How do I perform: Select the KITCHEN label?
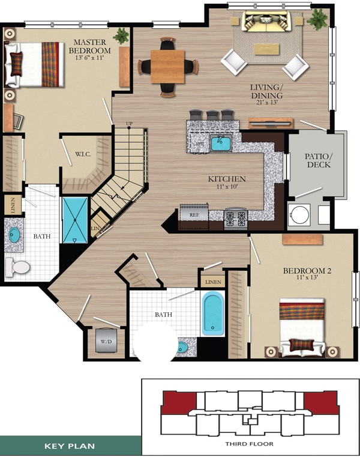pos(227,179)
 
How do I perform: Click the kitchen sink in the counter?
pos(221,143)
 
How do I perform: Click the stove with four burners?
pos(235,218)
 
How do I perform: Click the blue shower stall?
pos(76,219)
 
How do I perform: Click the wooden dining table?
pos(167,66)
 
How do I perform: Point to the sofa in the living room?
pos(267,23)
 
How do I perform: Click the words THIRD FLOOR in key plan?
pos(249,444)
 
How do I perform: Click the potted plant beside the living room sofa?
pos(317,19)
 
